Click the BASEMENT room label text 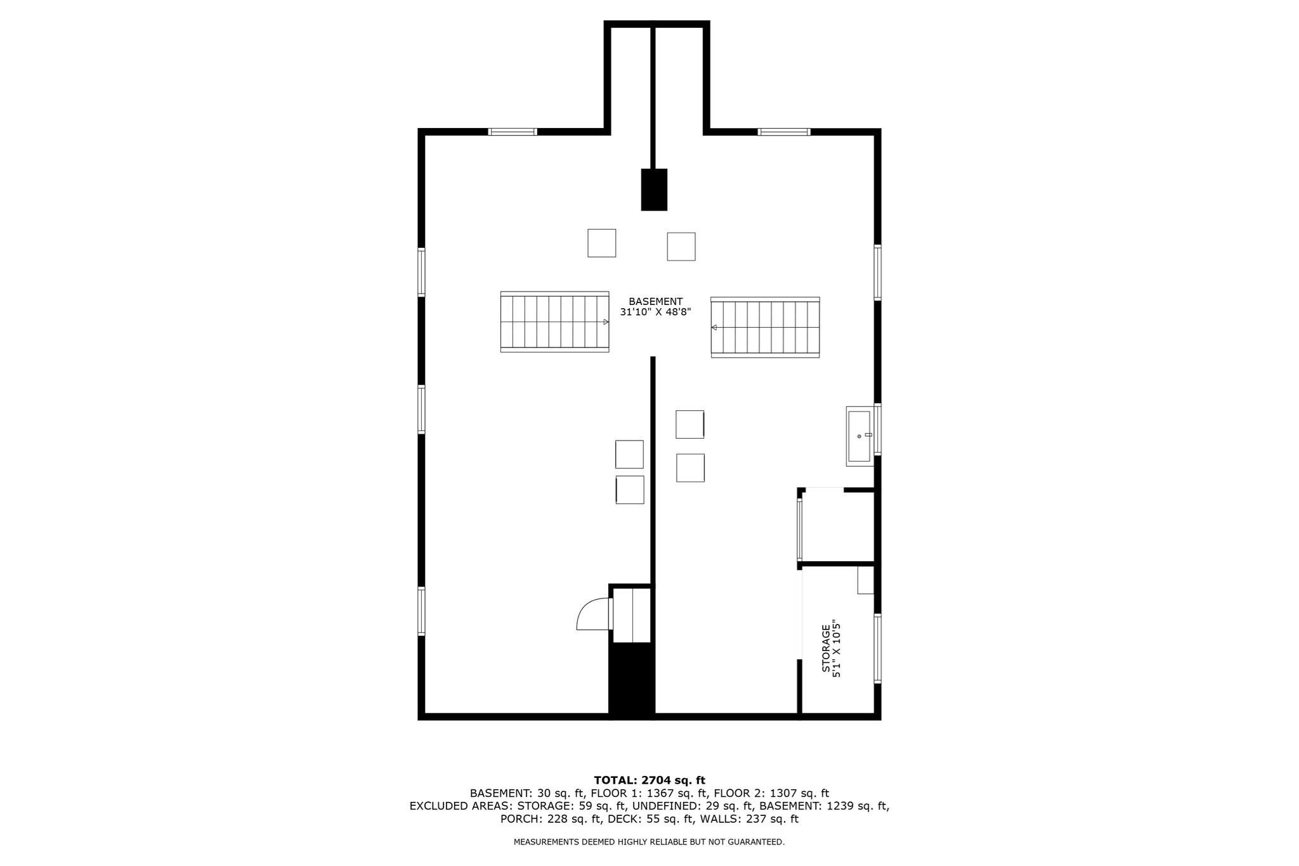[x=655, y=302]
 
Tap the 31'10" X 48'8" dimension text [x=655, y=313]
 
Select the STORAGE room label [x=826, y=649]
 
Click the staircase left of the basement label [x=554, y=321]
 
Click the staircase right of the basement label [x=765, y=327]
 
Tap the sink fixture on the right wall [x=859, y=436]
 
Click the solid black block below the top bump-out [x=654, y=190]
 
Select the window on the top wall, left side [x=512, y=132]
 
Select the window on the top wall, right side [x=784, y=132]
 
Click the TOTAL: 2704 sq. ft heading [x=649, y=780]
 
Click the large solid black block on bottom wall [x=631, y=680]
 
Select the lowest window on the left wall [x=421, y=611]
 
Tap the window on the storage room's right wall [x=878, y=648]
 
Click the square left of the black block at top [x=601, y=243]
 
